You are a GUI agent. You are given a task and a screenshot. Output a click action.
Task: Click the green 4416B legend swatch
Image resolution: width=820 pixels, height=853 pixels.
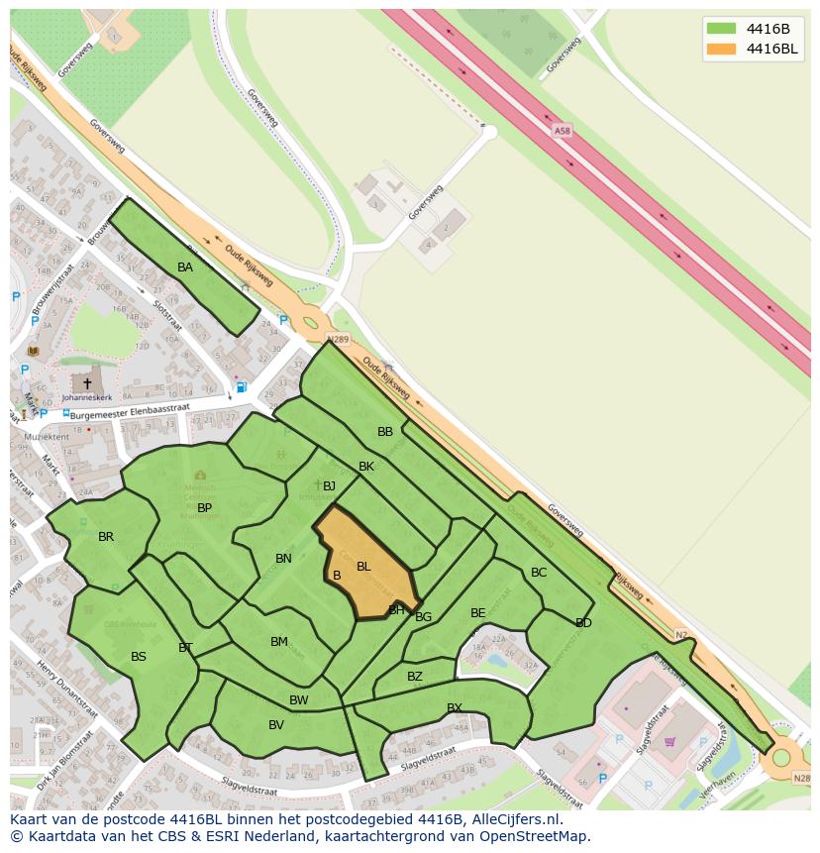[721, 28]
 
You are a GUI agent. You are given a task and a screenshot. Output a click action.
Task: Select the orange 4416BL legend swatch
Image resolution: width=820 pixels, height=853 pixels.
[721, 49]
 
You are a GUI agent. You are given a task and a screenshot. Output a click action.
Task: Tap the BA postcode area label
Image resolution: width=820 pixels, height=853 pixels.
[185, 267]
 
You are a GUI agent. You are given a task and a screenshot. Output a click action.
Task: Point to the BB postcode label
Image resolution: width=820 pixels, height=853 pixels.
[385, 432]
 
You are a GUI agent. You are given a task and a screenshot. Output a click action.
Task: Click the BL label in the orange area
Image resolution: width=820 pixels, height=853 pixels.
[363, 567]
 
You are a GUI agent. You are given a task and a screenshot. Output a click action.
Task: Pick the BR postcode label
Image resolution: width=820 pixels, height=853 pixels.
[106, 537]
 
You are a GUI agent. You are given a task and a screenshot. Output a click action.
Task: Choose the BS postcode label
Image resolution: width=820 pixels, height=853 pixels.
[139, 657]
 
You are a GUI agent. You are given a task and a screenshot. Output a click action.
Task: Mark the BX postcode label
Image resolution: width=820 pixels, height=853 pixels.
[455, 707]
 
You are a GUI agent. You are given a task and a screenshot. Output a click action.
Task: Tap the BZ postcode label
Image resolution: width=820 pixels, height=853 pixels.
[415, 677]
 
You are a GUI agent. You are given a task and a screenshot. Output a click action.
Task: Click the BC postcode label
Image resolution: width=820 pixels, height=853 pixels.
[539, 573]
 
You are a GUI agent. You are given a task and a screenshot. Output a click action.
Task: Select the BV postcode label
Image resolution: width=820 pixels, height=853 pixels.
[276, 725]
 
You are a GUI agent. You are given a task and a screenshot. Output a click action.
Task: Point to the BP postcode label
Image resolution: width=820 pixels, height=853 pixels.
[205, 508]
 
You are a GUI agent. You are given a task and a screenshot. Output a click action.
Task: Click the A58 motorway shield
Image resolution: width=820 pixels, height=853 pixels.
[563, 131]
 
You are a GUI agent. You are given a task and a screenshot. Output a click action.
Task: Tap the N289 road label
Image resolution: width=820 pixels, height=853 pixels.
[339, 340]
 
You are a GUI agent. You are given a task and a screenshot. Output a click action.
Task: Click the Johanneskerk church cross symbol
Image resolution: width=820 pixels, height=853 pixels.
[87, 383]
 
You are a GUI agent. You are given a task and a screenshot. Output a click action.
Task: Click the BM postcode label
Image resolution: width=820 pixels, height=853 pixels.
[279, 642]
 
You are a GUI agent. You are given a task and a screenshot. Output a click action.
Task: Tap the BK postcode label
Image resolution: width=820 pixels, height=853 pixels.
[366, 467]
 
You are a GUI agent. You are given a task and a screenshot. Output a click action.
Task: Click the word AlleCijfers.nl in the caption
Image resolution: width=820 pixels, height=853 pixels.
[514, 819]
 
